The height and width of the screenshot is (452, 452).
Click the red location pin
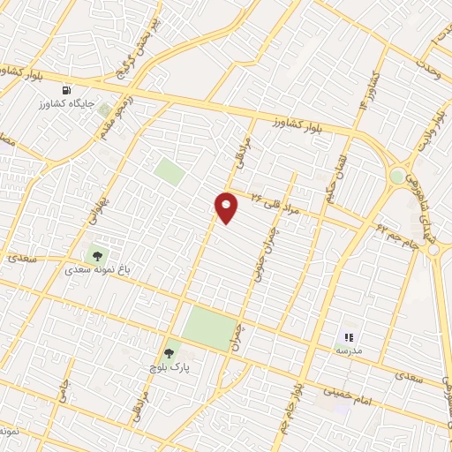[x=227, y=207]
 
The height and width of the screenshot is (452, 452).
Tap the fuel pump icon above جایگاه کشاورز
[x=66, y=90]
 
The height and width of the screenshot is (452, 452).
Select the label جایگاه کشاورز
[x=67, y=104]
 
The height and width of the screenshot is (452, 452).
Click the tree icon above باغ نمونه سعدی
[x=96, y=255]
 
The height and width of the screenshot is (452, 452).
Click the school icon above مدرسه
[x=348, y=336]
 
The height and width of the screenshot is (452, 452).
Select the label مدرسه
[x=347, y=350]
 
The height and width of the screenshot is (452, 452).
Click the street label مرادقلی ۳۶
[x=276, y=202]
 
